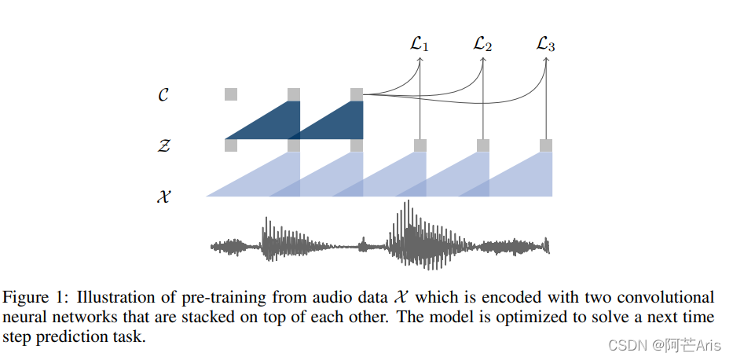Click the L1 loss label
420,44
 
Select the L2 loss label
482,44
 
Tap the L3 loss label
545,44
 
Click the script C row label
163,95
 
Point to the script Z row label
163,145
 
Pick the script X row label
163,197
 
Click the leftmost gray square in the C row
231,94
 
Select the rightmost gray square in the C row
357,94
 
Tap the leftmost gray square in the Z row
231,145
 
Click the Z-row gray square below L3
546,145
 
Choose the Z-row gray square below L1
420,145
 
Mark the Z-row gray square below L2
483,145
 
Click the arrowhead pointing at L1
420,60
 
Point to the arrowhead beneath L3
546,60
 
